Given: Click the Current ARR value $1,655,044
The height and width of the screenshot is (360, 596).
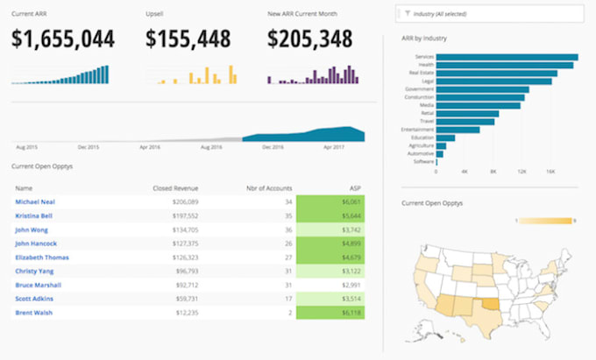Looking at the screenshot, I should coord(63,39).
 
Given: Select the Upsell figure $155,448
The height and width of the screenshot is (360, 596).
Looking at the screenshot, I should coord(188,39).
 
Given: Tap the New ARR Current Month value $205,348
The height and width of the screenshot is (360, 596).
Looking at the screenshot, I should coord(309,39).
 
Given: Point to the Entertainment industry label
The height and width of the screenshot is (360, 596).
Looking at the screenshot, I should coord(415,129).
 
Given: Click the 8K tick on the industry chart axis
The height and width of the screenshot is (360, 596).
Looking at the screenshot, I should coord(493,172).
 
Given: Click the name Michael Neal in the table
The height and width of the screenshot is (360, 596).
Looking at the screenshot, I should coord(34,201).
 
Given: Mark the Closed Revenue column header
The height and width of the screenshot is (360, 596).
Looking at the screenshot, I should coord(174,187).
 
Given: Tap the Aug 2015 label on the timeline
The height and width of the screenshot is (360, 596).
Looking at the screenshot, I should coord(25,148).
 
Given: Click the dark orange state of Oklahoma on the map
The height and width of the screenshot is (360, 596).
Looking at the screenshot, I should coord(487,306).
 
